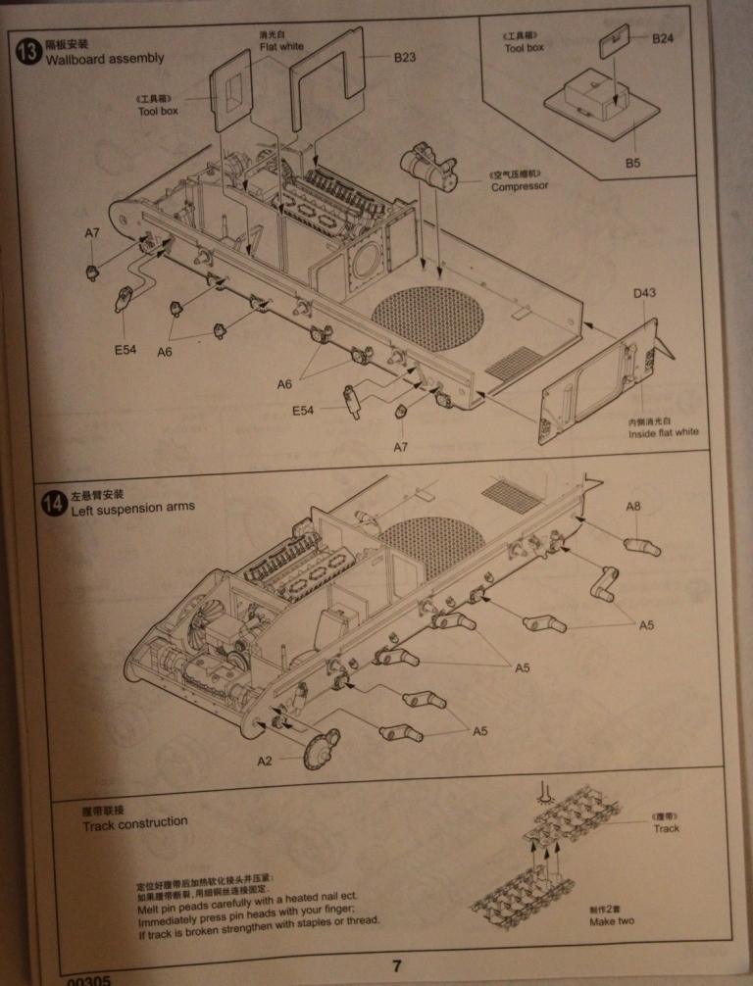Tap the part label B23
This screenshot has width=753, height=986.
coord(405,58)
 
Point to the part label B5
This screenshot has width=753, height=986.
coord(632,163)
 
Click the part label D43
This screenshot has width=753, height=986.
coord(644,293)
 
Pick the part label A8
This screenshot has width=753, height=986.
coord(633,507)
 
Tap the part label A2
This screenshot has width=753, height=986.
coord(265,761)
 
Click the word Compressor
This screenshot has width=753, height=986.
coord(520,186)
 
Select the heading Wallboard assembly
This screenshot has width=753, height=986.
coord(105,58)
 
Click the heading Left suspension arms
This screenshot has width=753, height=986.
coord(132,508)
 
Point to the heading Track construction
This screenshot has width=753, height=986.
coord(134,823)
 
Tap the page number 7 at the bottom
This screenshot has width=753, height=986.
coord(396,965)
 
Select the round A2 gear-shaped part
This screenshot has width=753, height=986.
coord(321,751)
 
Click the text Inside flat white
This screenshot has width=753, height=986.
coord(664,432)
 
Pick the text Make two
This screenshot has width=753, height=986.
coord(612,921)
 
